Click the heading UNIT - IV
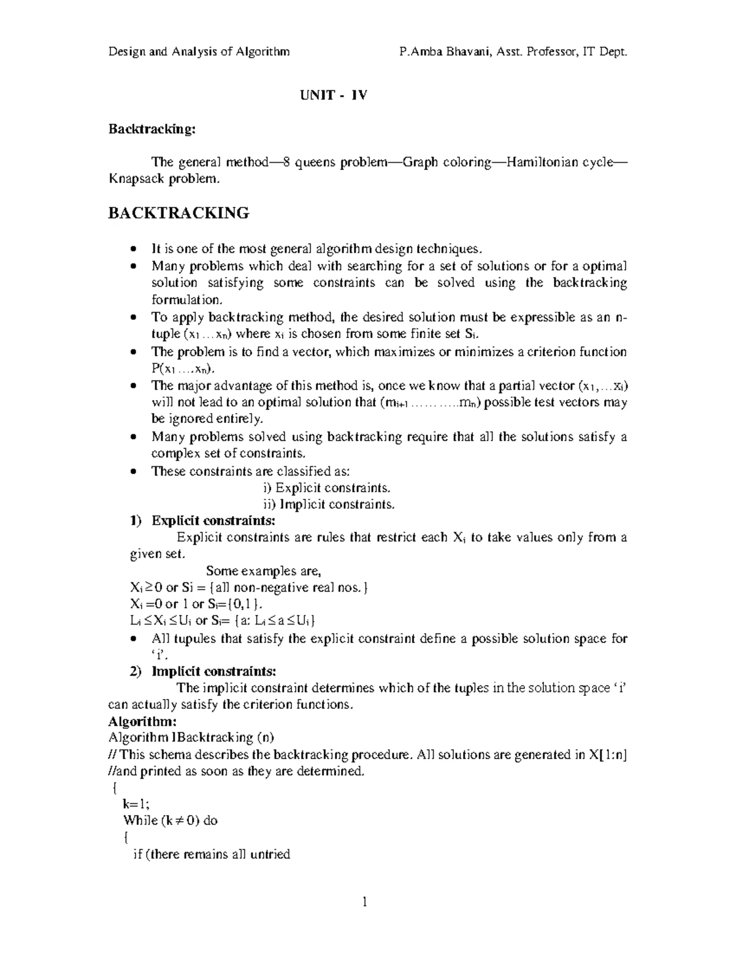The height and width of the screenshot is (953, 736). coord(332,96)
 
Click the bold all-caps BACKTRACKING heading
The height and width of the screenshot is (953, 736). coord(178,213)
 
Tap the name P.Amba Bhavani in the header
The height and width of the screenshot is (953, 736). coord(437,52)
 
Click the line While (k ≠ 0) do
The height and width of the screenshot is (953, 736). coord(171,820)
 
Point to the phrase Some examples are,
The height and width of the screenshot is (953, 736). coord(263,571)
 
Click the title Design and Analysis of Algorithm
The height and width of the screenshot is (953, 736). coord(199,52)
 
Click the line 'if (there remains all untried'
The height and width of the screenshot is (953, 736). coord(212,854)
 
